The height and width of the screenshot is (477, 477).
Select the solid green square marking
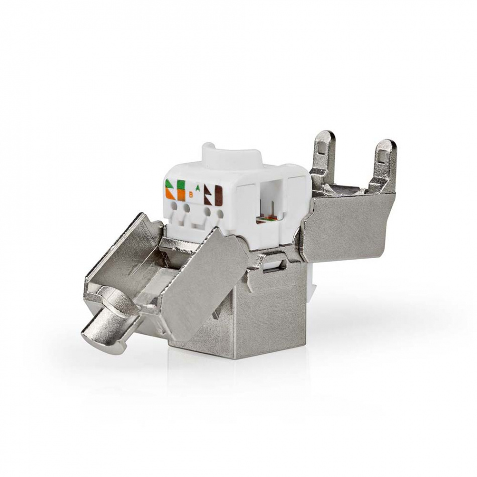[x=181, y=184]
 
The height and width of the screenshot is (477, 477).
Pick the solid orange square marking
[x=181, y=194]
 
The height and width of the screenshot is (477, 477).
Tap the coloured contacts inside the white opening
[x=266, y=219]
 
